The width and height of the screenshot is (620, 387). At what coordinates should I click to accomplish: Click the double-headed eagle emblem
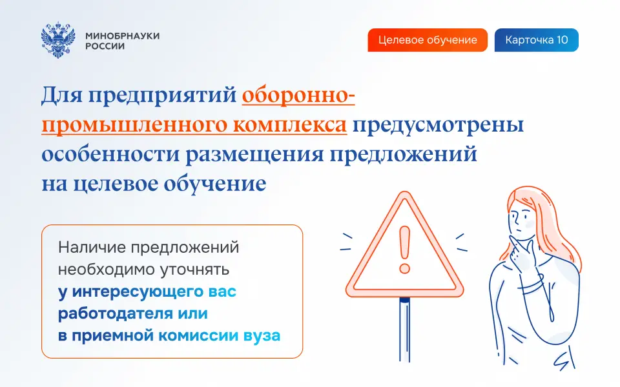point(58,40)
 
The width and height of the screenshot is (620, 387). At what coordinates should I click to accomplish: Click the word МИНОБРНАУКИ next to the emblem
point(123,35)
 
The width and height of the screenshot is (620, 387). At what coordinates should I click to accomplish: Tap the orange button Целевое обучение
point(428,40)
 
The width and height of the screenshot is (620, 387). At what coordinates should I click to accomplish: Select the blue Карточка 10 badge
point(537,40)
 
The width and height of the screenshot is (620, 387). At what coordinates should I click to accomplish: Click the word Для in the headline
point(62,95)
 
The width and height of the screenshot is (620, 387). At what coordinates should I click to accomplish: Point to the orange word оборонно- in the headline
point(298,96)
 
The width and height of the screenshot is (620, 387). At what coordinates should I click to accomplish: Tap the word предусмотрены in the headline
point(439,125)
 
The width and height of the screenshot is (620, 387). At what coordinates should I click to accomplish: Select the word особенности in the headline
point(110,154)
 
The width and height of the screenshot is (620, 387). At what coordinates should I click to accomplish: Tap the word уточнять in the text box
point(194,270)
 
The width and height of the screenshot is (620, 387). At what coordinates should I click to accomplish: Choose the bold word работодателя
point(116,313)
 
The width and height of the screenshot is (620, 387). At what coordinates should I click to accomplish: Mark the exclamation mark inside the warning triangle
point(404,249)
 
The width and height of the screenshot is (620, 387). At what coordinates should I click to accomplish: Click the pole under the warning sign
point(404,330)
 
